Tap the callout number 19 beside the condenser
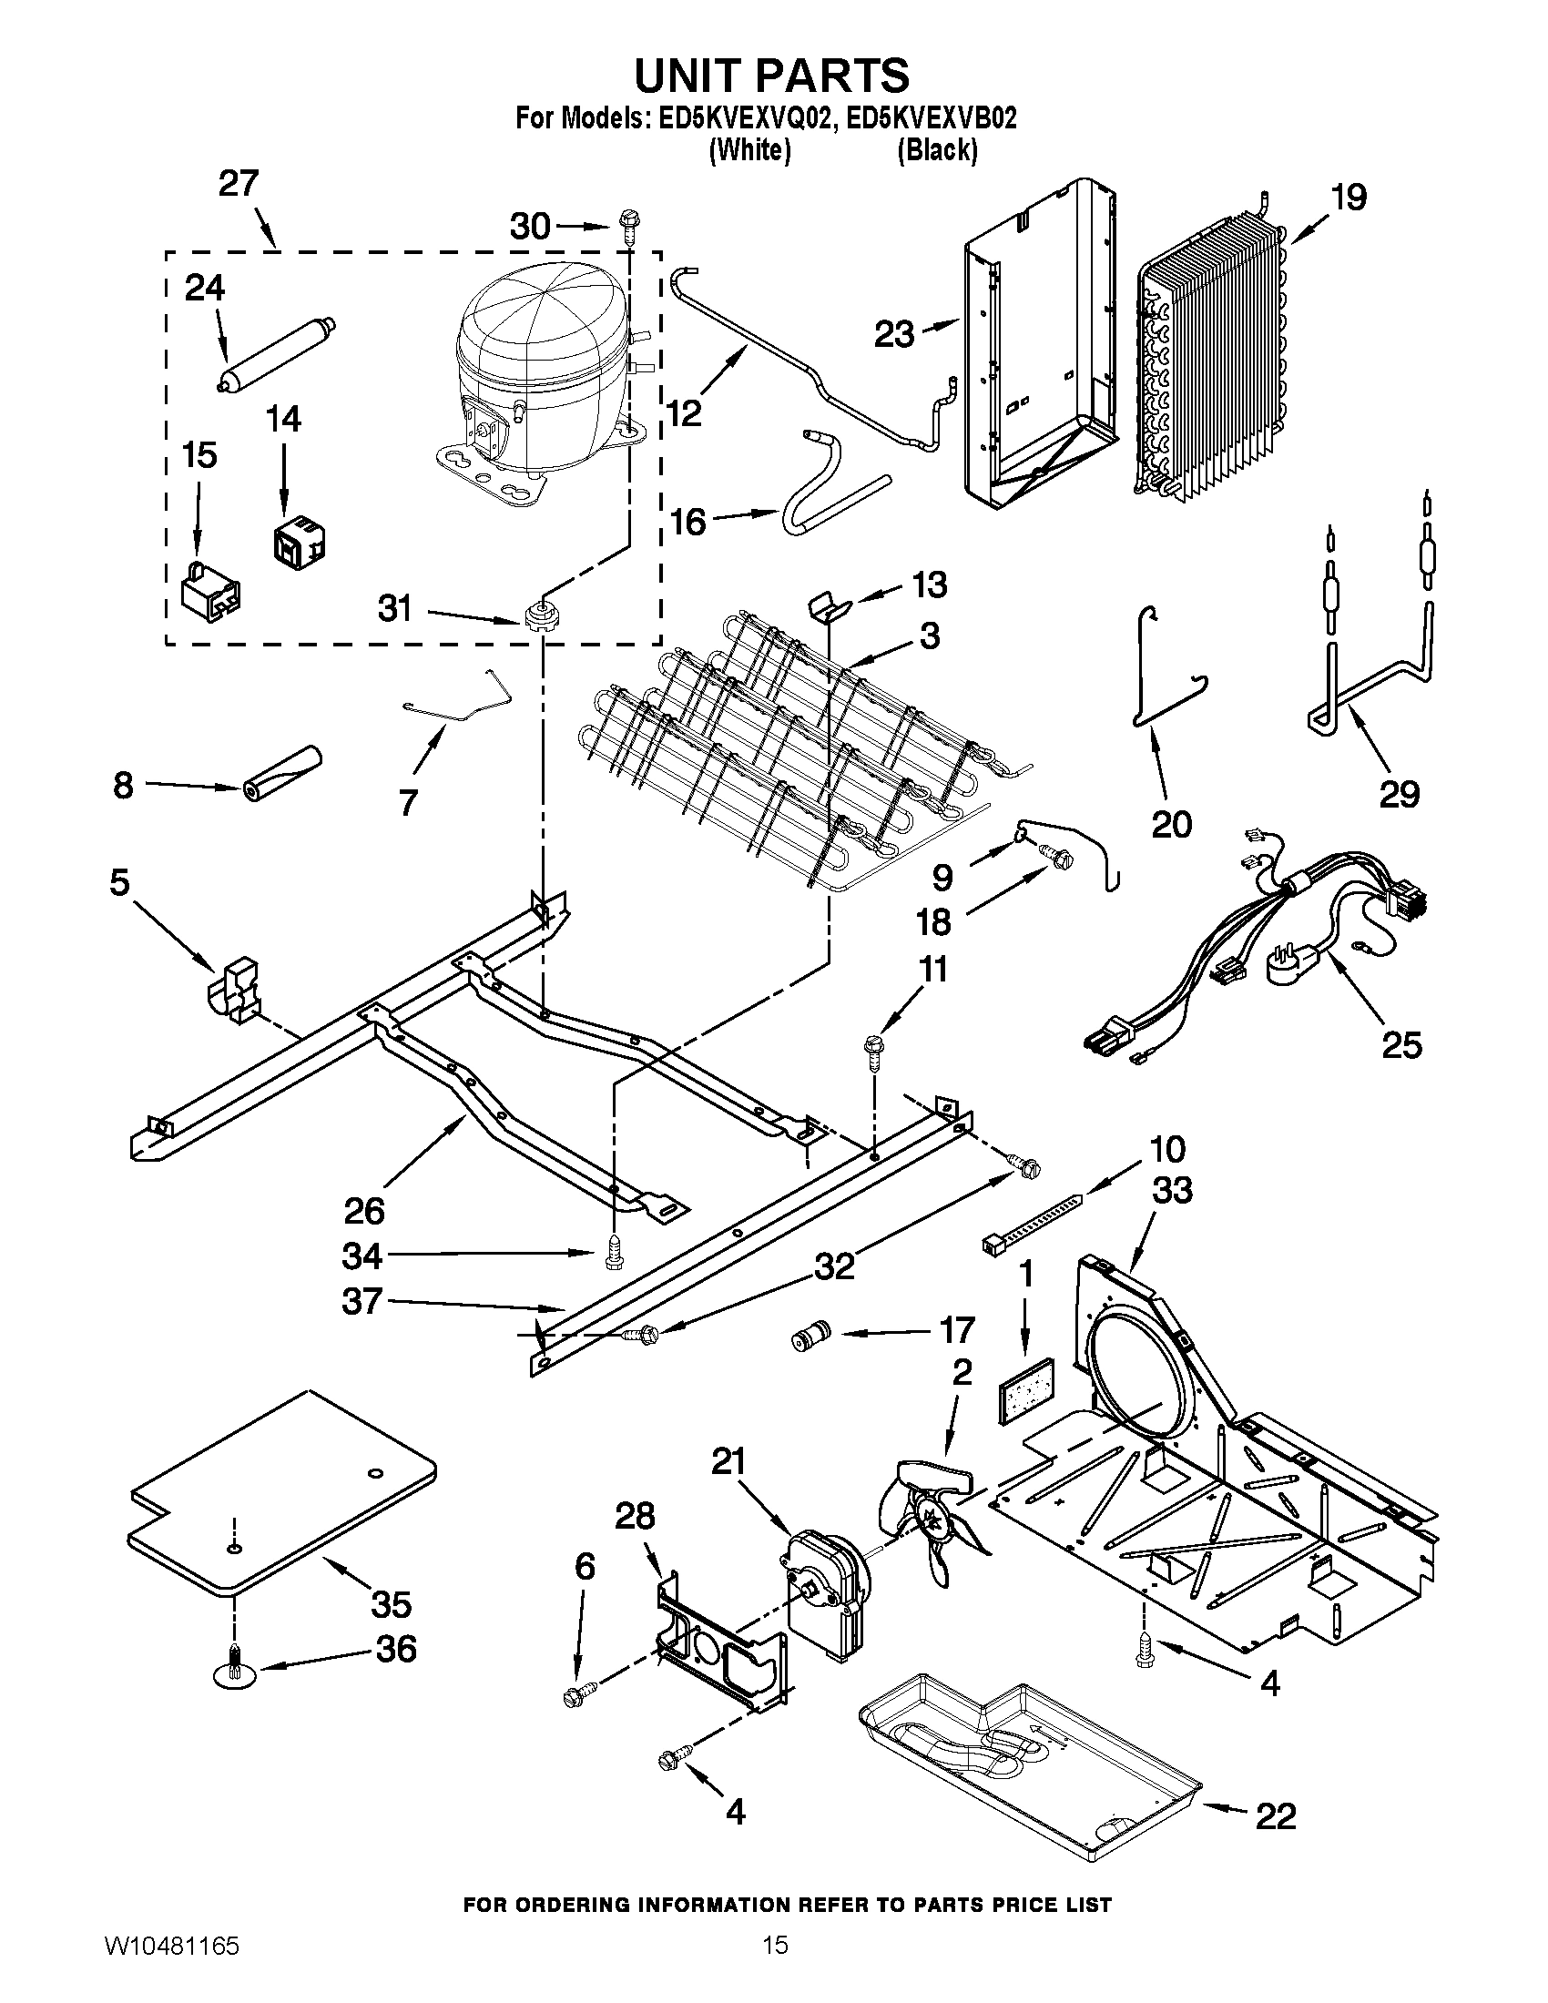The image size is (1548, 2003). pos(1348,198)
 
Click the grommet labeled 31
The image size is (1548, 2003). pos(541,615)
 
